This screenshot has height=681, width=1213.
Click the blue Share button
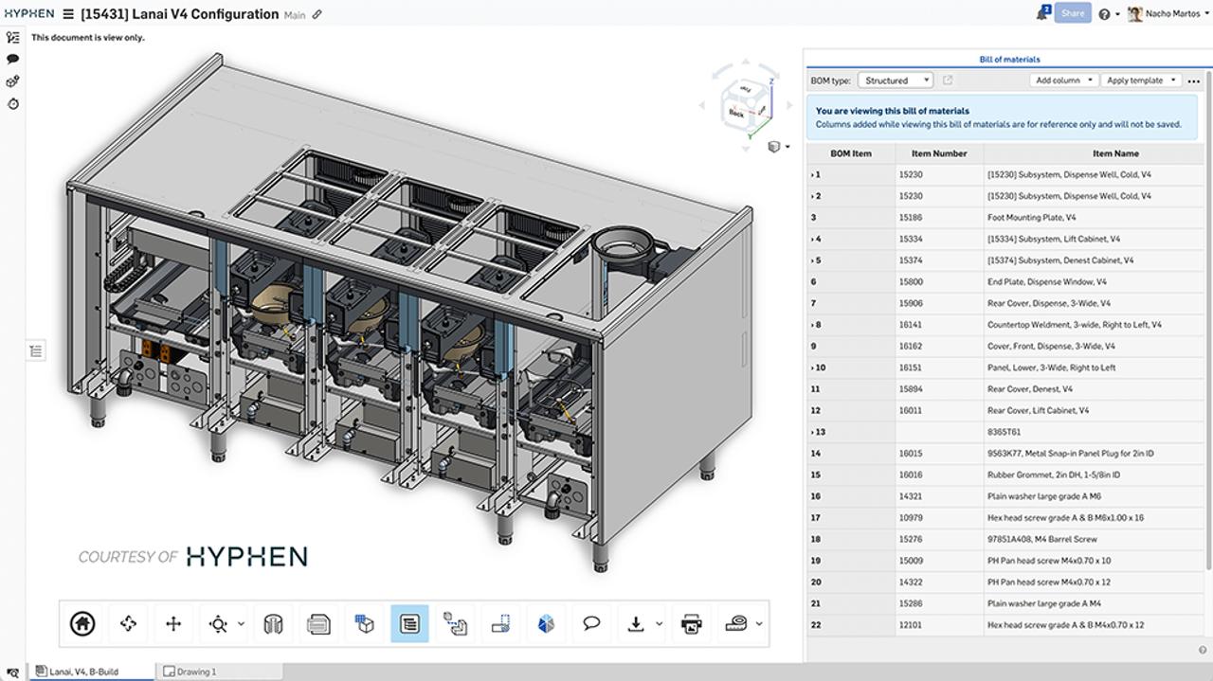tap(1073, 13)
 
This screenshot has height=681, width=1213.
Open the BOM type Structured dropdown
tap(895, 81)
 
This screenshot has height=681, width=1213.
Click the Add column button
tap(1063, 81)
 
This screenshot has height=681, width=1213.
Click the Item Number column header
tap(938, 153)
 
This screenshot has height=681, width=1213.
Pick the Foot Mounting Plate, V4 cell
tap(1031, 218)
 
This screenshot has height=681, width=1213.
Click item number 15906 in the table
tap(911, 303)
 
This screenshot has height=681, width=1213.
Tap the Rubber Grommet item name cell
tap(1053, 475)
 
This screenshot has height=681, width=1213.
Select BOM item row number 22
tap(816, 625)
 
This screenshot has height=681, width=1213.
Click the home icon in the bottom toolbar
tap(82, 623)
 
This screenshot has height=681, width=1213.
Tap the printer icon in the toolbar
tap(691, 623)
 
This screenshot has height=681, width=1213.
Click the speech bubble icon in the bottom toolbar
tap(591, 623)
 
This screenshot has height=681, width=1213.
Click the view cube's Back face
tap(736, 113)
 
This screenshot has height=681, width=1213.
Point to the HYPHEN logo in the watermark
tap(246, 556)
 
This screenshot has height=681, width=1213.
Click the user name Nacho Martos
tap(1172, 13)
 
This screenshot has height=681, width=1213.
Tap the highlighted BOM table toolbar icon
tap(409, 623)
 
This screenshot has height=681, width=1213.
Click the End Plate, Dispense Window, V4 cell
tap(1046, 282)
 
